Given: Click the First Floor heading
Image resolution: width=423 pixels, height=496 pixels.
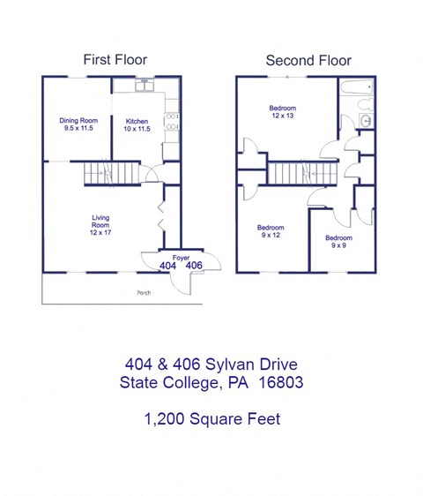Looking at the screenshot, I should click(115, 60).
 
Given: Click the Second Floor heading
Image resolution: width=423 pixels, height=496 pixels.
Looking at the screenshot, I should click(308, 60).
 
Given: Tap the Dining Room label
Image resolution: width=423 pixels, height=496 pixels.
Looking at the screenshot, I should click(78, 124).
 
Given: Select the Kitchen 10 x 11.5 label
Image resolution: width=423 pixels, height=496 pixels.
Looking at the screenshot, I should click(137, 124).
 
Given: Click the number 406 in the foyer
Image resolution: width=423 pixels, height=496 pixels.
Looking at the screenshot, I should click(195, 266).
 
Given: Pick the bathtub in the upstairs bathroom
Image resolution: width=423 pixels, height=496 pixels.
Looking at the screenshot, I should click(357, 89).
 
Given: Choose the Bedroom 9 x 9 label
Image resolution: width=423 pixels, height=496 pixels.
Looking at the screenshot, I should click(338, 242).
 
